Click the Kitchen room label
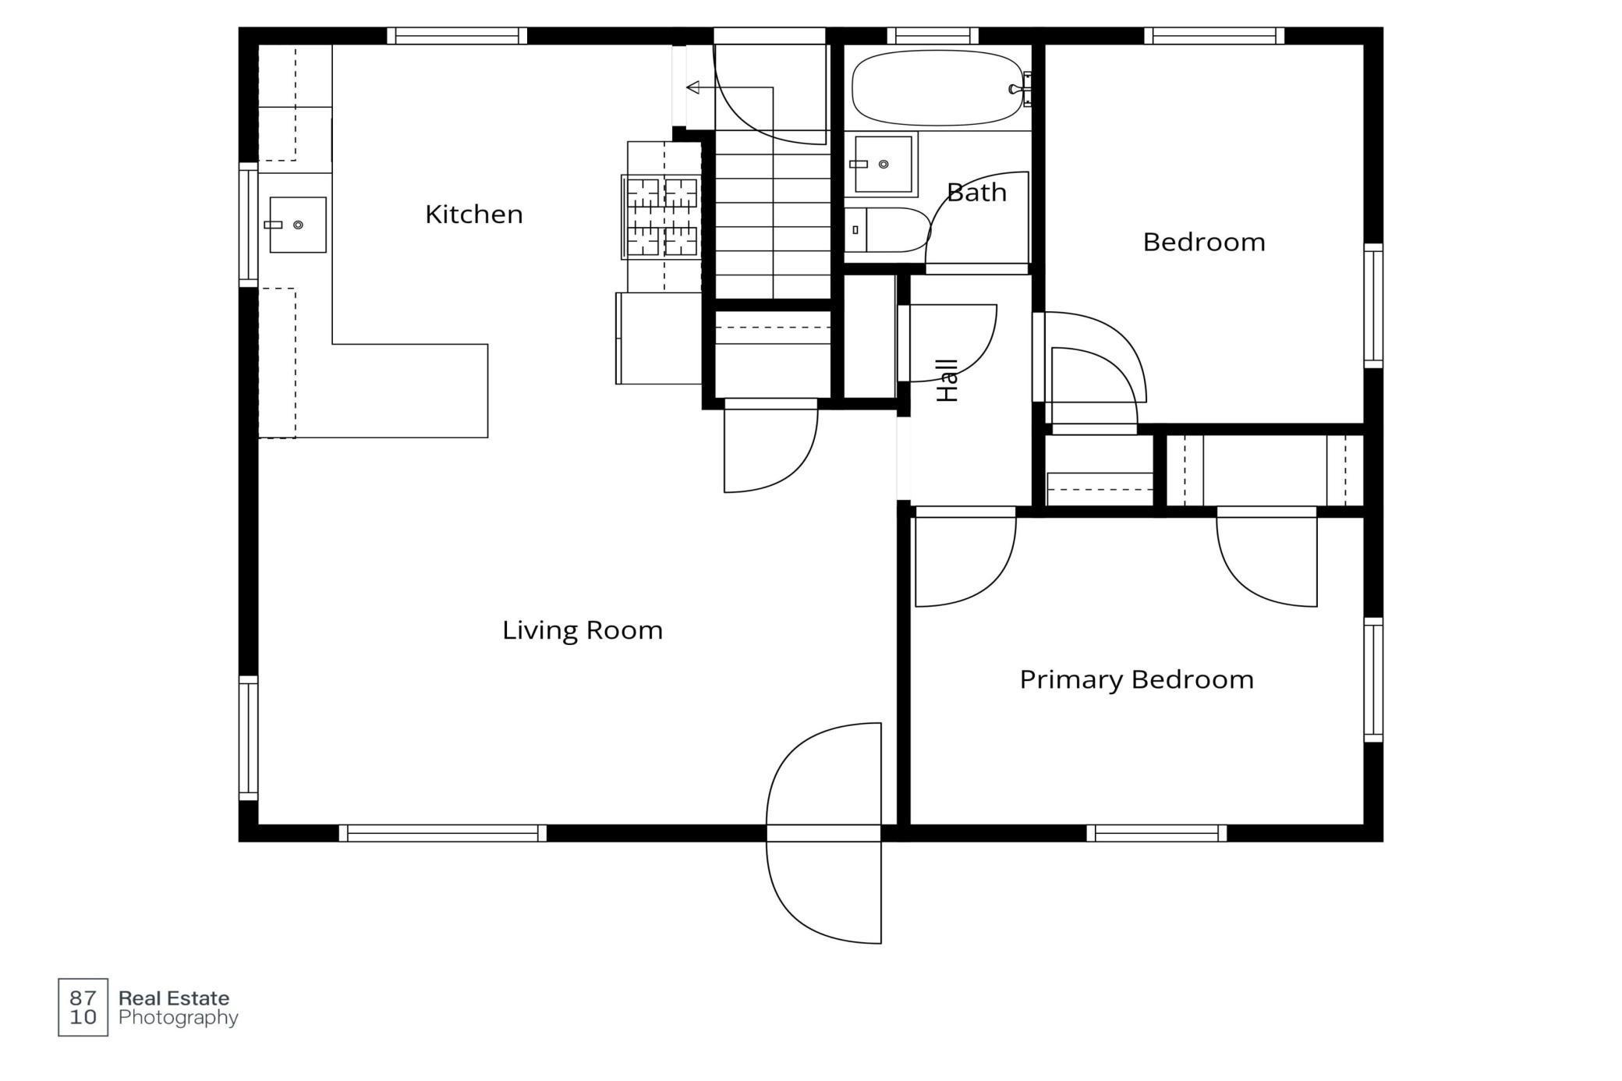pyautogui.click(x=474, y=214)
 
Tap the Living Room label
pyautogui.click(x=583, y=629)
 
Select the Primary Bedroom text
pyautogui.click(x=1137, y=679)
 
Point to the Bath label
pyautogui.click(x=976, y=192)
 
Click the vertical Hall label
pyautogui.click(x=947, y=381)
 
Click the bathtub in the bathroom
pyautogui.click(x=938, y=88)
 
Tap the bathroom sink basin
pyautogui.click(x=884, y=165)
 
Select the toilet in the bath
pyautogui.click(x=887, y=230)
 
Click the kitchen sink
pyautogui.click(x=297, y=225)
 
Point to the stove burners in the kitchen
pyautogui.click(x=662, y=217)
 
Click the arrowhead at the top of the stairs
pyautogui.click(x=692, y=87)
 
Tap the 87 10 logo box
pyautogui.click(x=83, y=1007)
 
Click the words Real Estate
pyautogui.click(x=174, y=998)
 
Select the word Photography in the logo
pyautogui.click(x=179, y=1018)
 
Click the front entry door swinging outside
pyautogui.click(x=824, y=892)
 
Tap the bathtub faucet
pyautogui.click(x=1016, y=89)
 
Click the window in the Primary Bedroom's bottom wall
pyautogui.click(x=1156, y=833)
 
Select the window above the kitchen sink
pyautogui.click(x=248, y=225)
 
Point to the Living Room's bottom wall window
pyautogui.click(x=443, y=833)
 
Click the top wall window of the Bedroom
pyautogui.click(x=1214, y=36)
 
